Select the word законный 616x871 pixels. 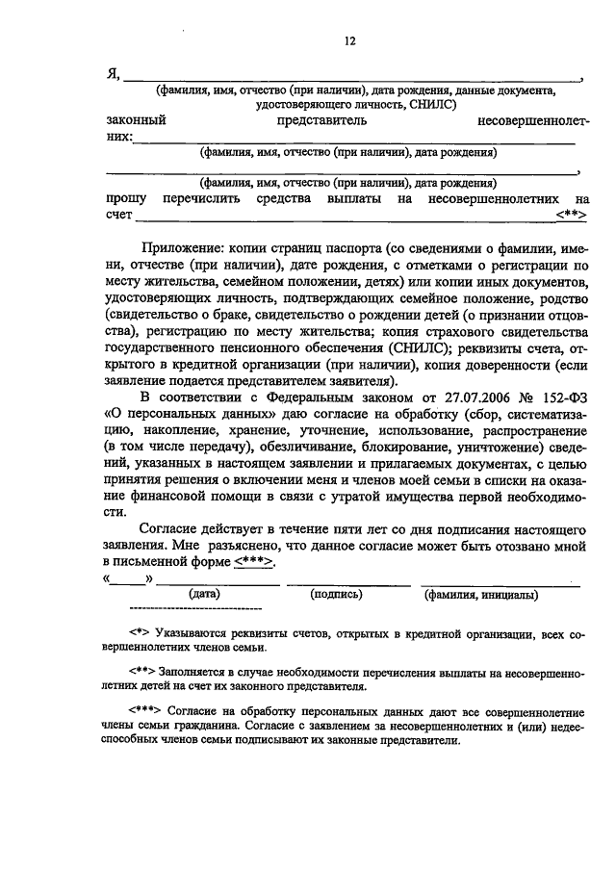136,121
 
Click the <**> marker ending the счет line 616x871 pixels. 571,215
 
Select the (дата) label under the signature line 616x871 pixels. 206,596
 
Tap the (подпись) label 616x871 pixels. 336,596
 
